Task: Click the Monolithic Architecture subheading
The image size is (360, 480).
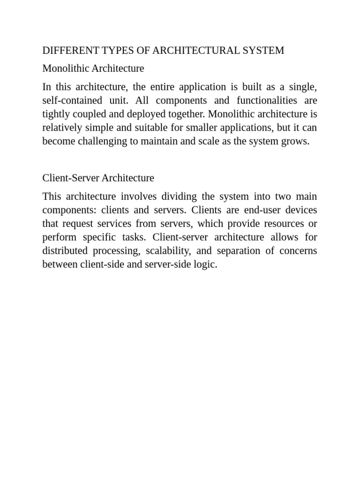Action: (93, 68)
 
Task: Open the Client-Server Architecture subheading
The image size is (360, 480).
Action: (98, 178)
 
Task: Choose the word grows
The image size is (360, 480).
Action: (297, 142)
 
